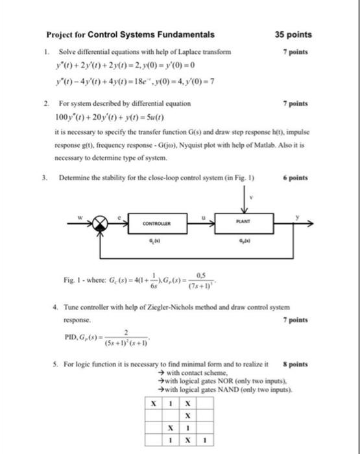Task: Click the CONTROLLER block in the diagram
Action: click(156, 224)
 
